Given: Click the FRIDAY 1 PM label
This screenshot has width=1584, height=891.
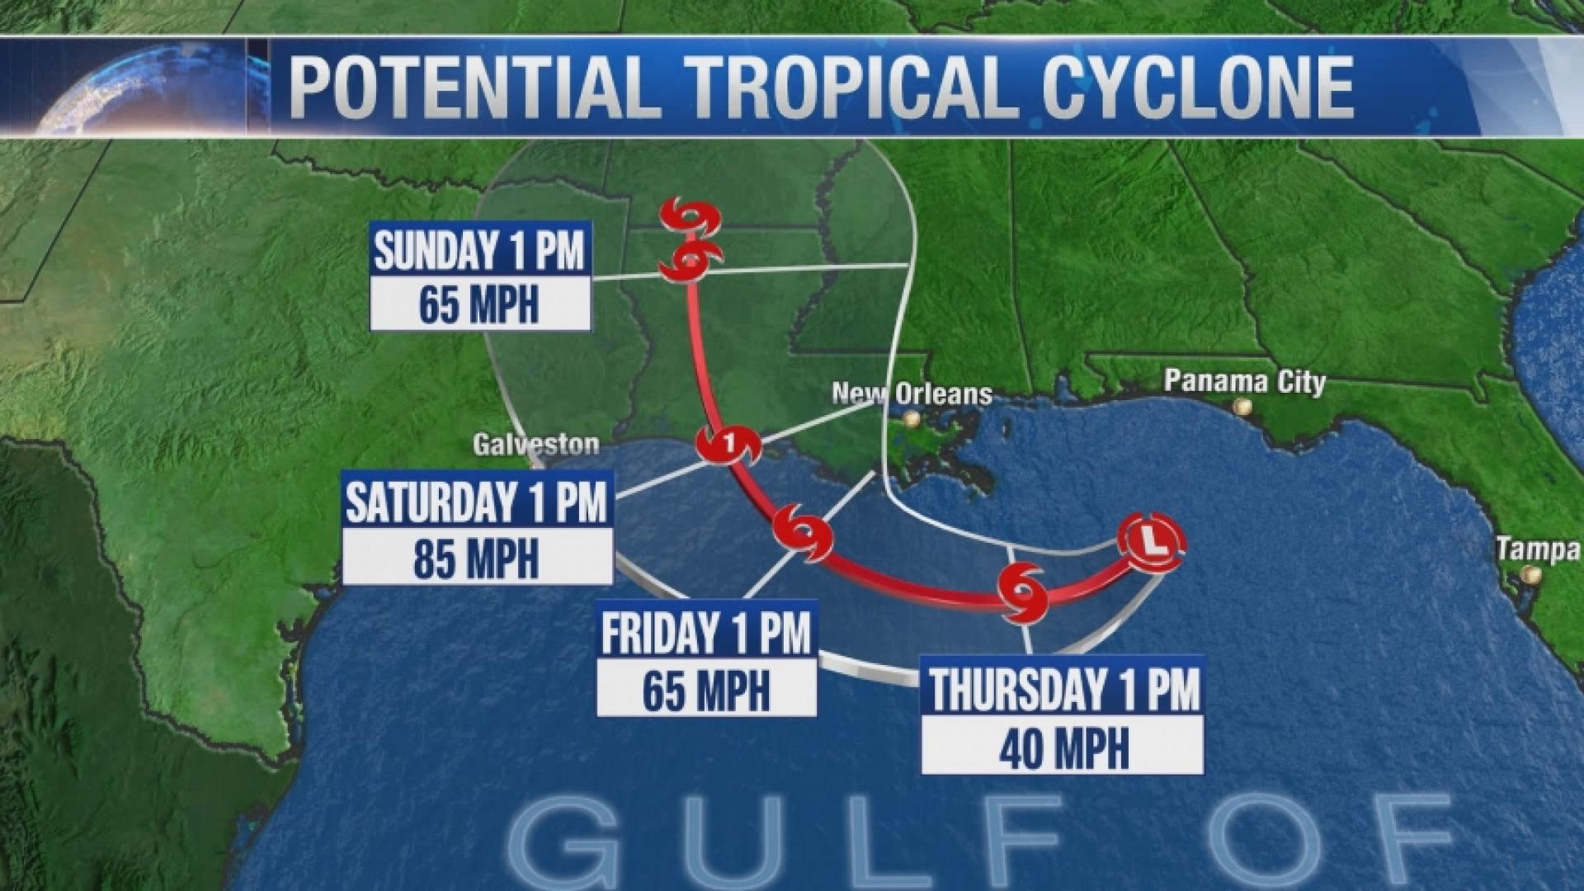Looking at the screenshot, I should point(706,634).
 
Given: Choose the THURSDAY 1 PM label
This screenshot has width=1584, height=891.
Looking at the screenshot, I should point(1063,689).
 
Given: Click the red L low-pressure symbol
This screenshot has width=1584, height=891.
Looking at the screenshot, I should point(1152,541).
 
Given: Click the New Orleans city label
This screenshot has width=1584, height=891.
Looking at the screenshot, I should point(912,393).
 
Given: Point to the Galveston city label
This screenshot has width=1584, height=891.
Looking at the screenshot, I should point(536,445).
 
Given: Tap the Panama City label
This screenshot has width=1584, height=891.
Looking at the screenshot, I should point(1244,381).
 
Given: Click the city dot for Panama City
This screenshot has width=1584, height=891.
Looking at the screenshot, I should point(1240,407).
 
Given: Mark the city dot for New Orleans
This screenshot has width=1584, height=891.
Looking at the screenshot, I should point(910,419).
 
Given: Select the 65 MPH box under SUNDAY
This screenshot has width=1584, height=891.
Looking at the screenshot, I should point(479,304).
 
